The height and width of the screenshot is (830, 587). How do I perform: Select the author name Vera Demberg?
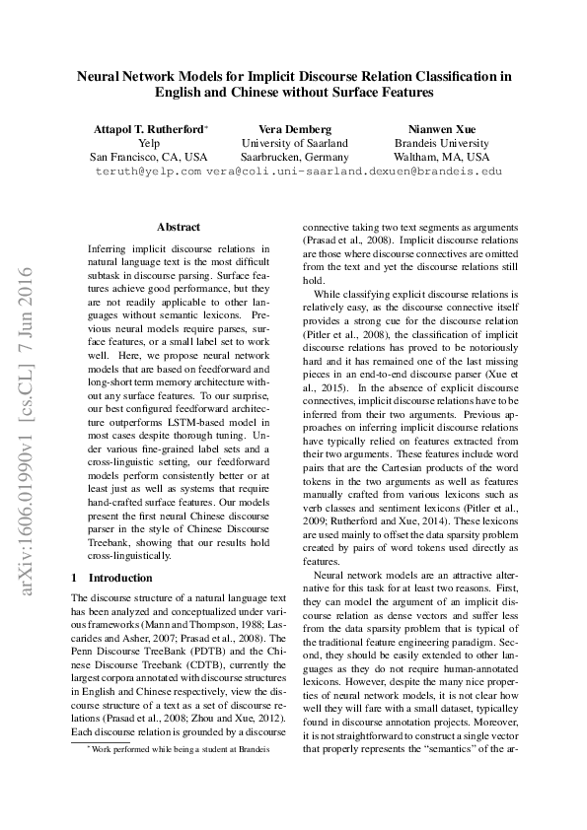(294, 129)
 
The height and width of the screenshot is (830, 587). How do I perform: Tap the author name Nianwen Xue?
(441, 129)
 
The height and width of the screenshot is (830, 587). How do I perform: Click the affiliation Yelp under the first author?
(149, 143)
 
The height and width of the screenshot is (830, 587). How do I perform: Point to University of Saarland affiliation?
(294, 143)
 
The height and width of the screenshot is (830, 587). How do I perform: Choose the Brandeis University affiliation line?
(441, 143)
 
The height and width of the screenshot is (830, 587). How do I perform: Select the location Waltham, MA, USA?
(441, 157)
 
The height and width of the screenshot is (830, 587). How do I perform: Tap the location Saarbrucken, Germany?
(294, 157)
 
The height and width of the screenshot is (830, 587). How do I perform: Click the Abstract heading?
(178, 227)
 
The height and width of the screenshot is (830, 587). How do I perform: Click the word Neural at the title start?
(100, 75)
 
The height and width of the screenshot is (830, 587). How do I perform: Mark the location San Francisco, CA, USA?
(149, 157)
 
